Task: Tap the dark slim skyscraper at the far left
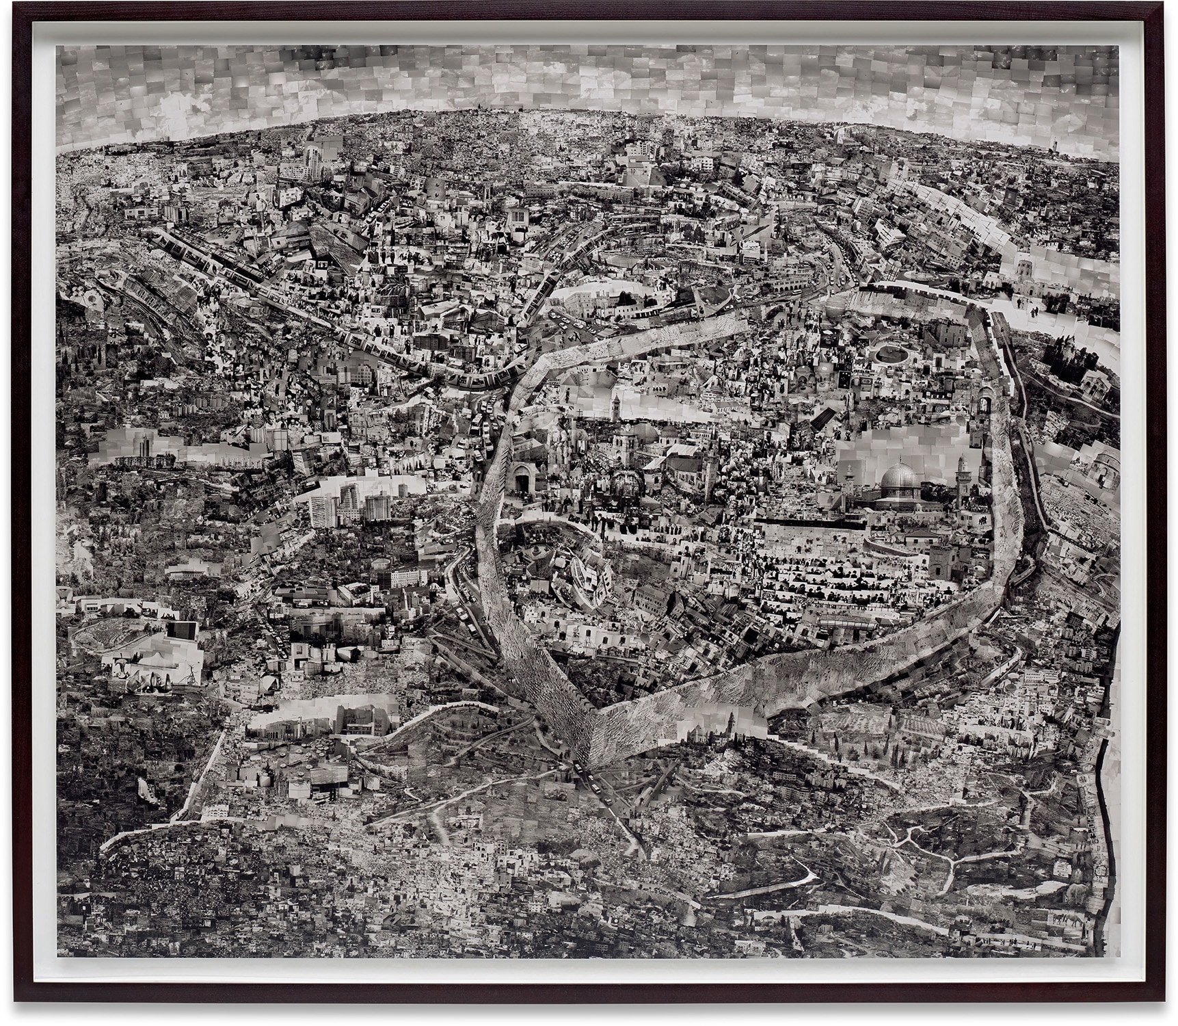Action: (x=146, y=445)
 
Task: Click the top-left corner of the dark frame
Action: (x=15, y=15)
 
